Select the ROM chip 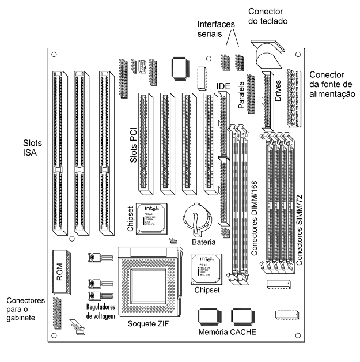pyautogui.click(x=60, y=267)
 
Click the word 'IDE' pyautogui.click(x=224, y=87)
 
